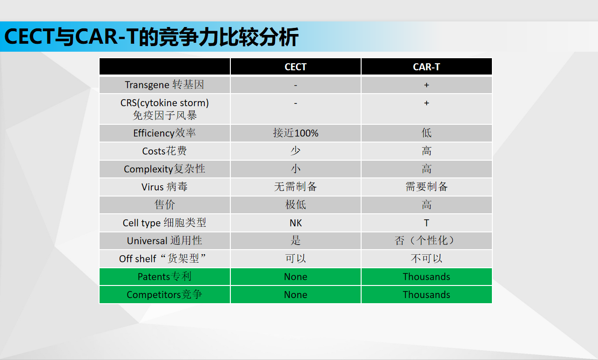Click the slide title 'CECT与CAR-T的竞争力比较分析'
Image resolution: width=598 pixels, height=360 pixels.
pyautogui.click(x=151, y=37)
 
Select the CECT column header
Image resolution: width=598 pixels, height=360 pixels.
pyautogui.click(x=296, y=67)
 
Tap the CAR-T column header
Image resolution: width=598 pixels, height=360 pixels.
pyautogui.click(x=426, y=67)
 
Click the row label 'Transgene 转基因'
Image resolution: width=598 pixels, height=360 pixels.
pyautogui.click(x=164, y=85)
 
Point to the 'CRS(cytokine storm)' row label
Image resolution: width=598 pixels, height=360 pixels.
pyautogui.click(x=164, y=102)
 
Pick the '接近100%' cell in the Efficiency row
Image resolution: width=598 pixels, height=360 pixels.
pyautogui.click(x=296, y=133)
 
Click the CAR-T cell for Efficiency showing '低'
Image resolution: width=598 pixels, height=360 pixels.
pyautogui.click(x=426, y=133)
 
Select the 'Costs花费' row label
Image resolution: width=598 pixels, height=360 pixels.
pyautogui.click(x=164, y=151)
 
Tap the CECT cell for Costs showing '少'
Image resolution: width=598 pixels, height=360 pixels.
pyautogui.click(x=296, y=151)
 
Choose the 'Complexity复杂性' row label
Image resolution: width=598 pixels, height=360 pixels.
pyautogui.click(x=164, y=169)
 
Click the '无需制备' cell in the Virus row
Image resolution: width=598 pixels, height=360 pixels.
pyautogui.click(x=296, y=187)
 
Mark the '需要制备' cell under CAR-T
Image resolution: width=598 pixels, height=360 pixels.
pyautogui.click(x=426, y=187)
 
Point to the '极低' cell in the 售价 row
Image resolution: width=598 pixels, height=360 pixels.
pyautogui.click(x=296, y=205)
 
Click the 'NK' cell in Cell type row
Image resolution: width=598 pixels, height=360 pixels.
pyautogui.click(x=296, y=223)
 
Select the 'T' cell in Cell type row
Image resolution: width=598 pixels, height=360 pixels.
pyautogui.click(x=426, y=223)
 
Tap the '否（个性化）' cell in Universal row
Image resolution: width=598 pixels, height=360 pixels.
pyautogui.click(x=426, y=241)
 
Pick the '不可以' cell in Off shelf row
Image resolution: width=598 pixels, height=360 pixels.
pyautogui.click(x=426, y=258)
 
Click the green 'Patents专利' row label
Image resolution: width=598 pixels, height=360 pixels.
pyautogui.click(x=164, y=277)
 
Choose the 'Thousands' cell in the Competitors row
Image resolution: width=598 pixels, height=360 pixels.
pyautogui.click(x=426, y=295)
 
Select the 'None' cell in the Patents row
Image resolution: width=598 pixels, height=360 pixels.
pyautogui.click(x=296, y=277)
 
